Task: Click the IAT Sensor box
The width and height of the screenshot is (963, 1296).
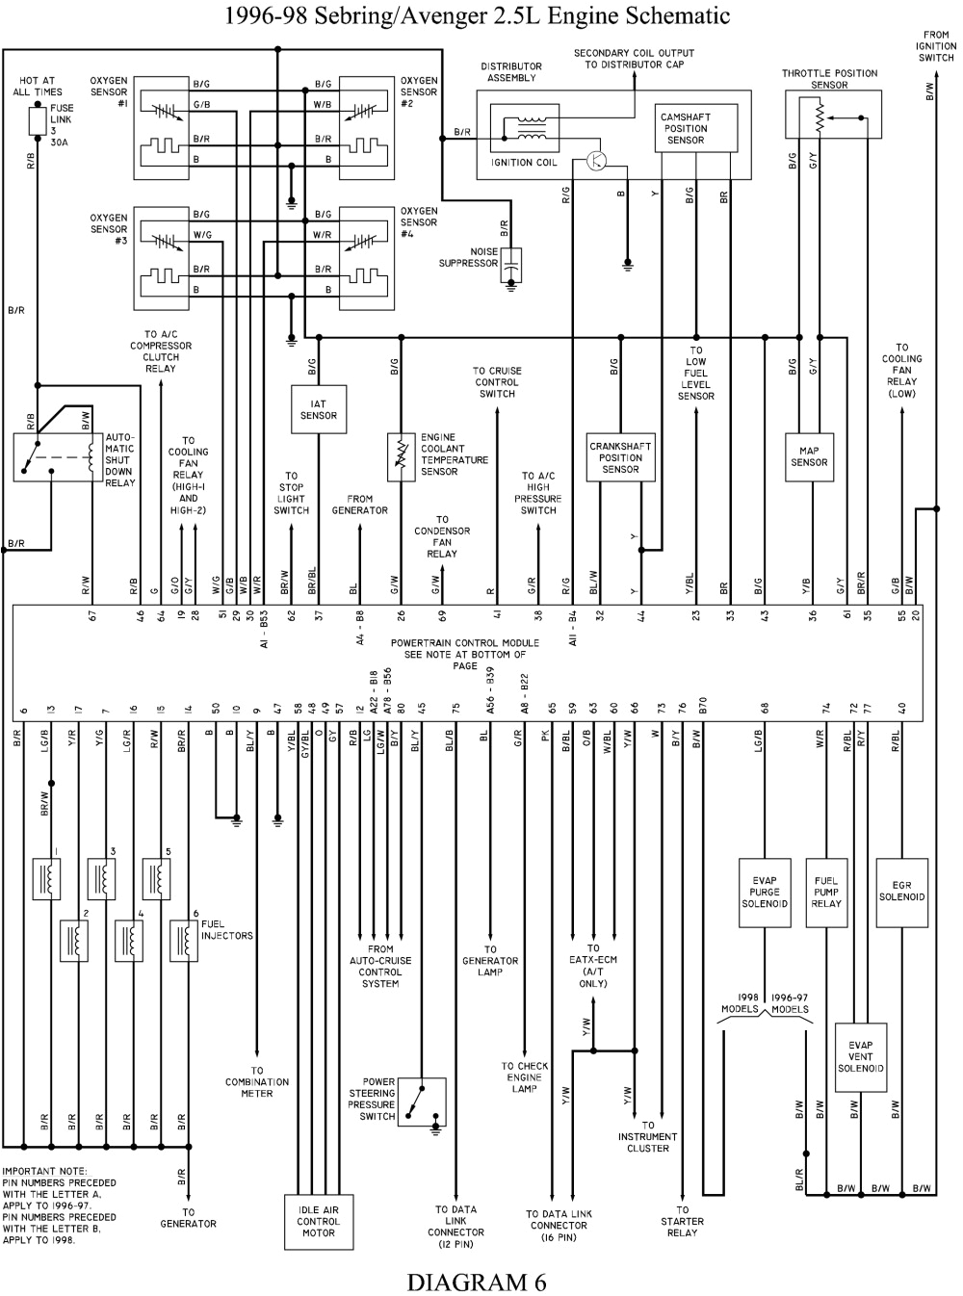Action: (318, 410)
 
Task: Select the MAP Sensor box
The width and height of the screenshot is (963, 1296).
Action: (809, 456)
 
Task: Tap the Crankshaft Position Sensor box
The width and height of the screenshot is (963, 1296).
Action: (620, 457)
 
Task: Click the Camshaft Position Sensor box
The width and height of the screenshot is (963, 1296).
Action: (685, 129)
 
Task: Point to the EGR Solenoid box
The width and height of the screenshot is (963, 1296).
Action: (901, 891)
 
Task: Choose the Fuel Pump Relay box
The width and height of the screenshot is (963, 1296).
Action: (825, 892)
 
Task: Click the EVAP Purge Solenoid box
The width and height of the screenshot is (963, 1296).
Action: (765, 892)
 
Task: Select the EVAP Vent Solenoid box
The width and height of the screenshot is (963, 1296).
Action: (860, 1056)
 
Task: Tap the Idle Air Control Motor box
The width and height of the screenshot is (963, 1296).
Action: (318, 1221)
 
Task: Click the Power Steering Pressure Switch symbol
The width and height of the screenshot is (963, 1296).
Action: (422, 1102)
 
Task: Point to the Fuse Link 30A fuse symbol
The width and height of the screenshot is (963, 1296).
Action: (38, 120)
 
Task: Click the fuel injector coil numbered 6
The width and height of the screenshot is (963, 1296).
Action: (183, 941)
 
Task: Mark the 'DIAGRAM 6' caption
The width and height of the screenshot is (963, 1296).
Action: (476, 1282)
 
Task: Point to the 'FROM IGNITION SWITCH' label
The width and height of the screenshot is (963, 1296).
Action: (935, 46)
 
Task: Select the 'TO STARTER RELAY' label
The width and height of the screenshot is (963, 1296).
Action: (682, 1221)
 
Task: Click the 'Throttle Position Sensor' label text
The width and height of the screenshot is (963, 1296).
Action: (829, 79)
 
